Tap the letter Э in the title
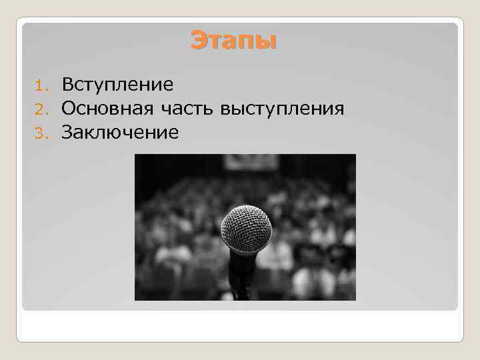click(198, 41)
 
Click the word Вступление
click(117, 85)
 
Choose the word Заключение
click(120, 133)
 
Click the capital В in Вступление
click(67, 85)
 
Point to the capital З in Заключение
click(67, 133)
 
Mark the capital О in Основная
click(68, 109)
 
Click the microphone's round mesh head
click(246, 228)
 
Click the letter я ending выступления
click(338, 109)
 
